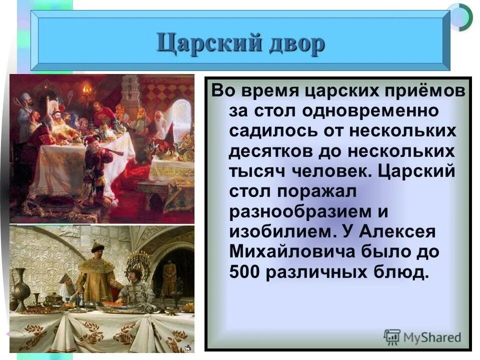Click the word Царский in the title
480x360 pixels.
pos(206,44)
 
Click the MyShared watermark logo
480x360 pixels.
pos(422,337)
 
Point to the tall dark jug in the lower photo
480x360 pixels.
pos(20,290)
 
